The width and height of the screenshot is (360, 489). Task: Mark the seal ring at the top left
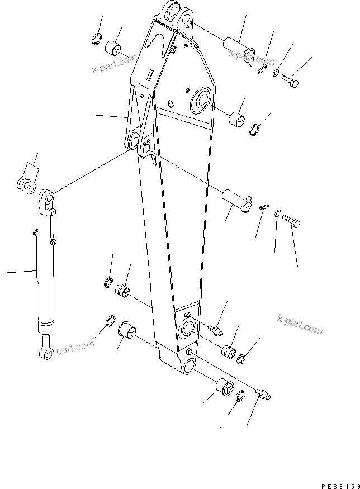pyautogui.click(x=96, y=40)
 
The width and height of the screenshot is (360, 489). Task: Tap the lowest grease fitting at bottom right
pyautogui.click(x=262, y=394)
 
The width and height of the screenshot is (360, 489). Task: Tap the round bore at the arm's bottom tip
pyautogui.click(x=187, y=366)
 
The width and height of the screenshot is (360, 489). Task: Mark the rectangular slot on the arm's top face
pyautogui.click(x=151, y=73)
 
